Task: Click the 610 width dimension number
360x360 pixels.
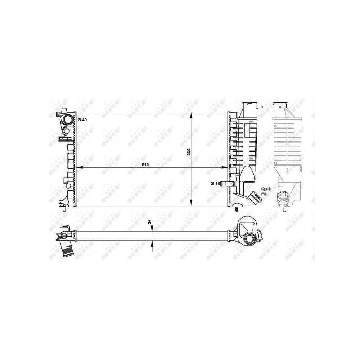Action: tap(145, 165)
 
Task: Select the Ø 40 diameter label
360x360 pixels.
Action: tap(82, 120)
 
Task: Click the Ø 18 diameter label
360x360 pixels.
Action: tap(216, 184)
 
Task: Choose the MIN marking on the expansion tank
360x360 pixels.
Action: tap(250, 159)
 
